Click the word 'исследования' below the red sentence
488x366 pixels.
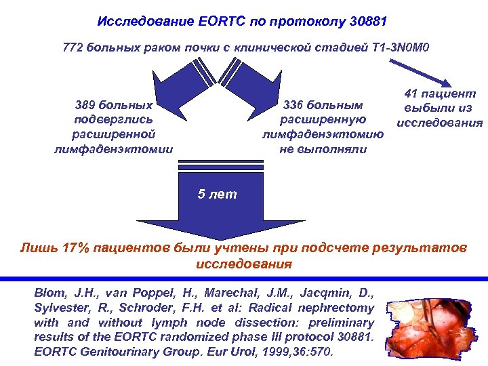click(243, 264)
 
